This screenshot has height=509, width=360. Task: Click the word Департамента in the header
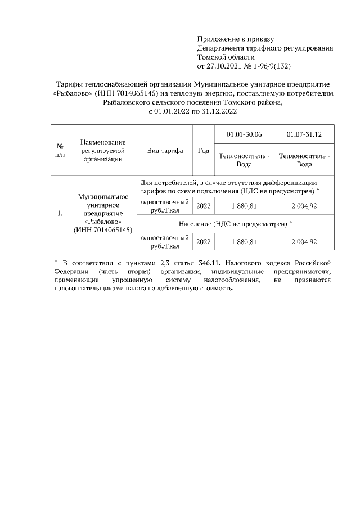[x=222, y=48]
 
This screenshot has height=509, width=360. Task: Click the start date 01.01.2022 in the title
[x=172, y=111]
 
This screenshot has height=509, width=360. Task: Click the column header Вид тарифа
[x=165, y=151]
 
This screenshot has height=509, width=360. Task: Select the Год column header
[x=204, y=151]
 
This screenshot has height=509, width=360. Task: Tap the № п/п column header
[x=59, y=151]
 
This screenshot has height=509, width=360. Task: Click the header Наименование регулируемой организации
[x=102, y=151]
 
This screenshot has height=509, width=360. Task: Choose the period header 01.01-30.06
[x=244, y=135]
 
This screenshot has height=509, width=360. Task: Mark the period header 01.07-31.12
[x=304, y=135]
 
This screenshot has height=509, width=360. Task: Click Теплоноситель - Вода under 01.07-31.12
[x=304, y=160]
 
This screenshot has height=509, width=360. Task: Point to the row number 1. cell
[x=59, y=213]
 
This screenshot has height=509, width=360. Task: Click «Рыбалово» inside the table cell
[x=102, y=222]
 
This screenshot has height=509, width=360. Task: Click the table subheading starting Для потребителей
[x=229, y=187]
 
